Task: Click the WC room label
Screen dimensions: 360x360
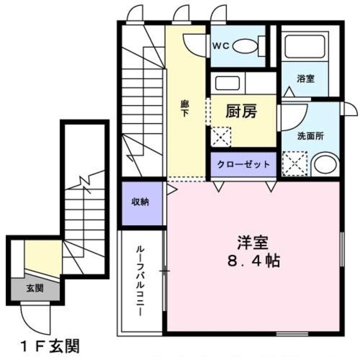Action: click(220, 46)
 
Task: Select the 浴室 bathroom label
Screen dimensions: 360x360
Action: click(306, 79)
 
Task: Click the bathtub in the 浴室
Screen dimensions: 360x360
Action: click(304, 47)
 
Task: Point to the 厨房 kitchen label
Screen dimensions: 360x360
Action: click(241, 111)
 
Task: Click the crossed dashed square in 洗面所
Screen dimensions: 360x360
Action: click(294, 164)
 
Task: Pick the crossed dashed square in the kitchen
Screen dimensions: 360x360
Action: click(220, 136)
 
